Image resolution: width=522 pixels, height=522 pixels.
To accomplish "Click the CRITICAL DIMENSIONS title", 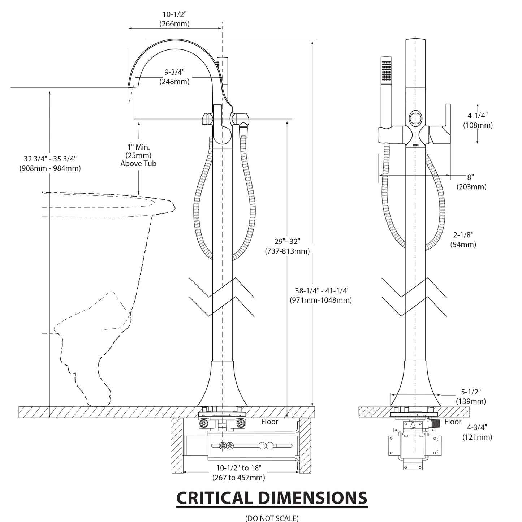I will (x=271, y=498).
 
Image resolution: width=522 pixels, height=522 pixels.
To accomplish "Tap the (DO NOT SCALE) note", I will (x=272, y=518).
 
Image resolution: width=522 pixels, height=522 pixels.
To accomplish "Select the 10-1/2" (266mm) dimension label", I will (x=174, y=19).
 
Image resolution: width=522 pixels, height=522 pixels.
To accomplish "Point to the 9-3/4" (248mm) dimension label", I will (x=174, y=77).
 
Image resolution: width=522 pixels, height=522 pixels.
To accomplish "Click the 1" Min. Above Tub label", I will (x=138, y=155).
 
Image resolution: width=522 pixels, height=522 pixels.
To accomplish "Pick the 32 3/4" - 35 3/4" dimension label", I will (x=50, y=163).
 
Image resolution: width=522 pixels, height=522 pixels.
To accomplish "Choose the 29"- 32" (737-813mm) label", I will (x=287, y=246).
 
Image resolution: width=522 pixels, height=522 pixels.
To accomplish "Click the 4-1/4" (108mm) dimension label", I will (x=478, y=120).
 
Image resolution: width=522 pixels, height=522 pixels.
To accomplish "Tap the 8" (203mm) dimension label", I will (x=471, y=182).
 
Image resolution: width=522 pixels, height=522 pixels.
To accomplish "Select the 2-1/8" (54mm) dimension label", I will (x=463, y=240).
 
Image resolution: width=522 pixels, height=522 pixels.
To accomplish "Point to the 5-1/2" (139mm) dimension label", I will (x=471, y=396).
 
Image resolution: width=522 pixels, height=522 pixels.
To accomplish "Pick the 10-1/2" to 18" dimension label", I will (x=239, y=473).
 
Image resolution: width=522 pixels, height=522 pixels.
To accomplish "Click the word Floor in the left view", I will (x=269, y=422).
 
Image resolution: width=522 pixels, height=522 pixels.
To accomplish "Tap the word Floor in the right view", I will (x=453, y=422).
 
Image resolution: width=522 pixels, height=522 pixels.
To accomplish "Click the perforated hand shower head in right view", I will (x=387, y=71).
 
